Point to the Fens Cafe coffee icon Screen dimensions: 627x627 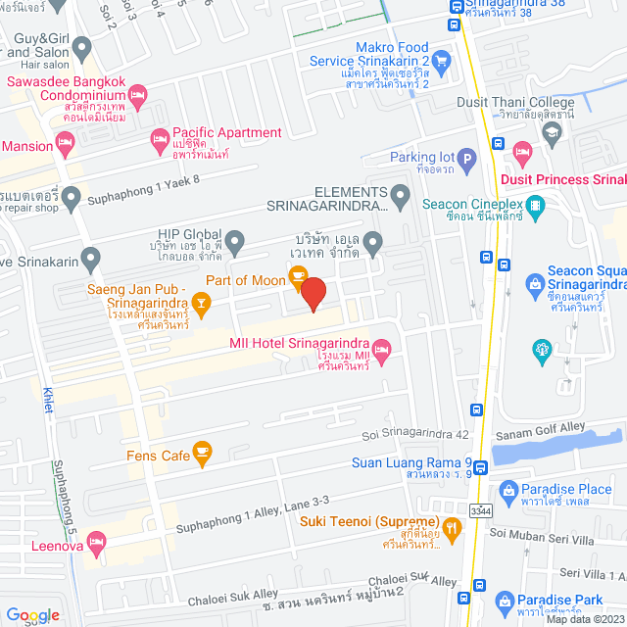tap(203, 453)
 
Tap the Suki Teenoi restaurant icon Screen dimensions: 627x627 tap(451, 530)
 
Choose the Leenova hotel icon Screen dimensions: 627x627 tap(96, 541)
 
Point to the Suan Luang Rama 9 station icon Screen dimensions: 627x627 tap(476, 411)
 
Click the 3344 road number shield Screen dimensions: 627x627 tap(481, 510)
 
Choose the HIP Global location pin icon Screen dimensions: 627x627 tap(234, 240)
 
